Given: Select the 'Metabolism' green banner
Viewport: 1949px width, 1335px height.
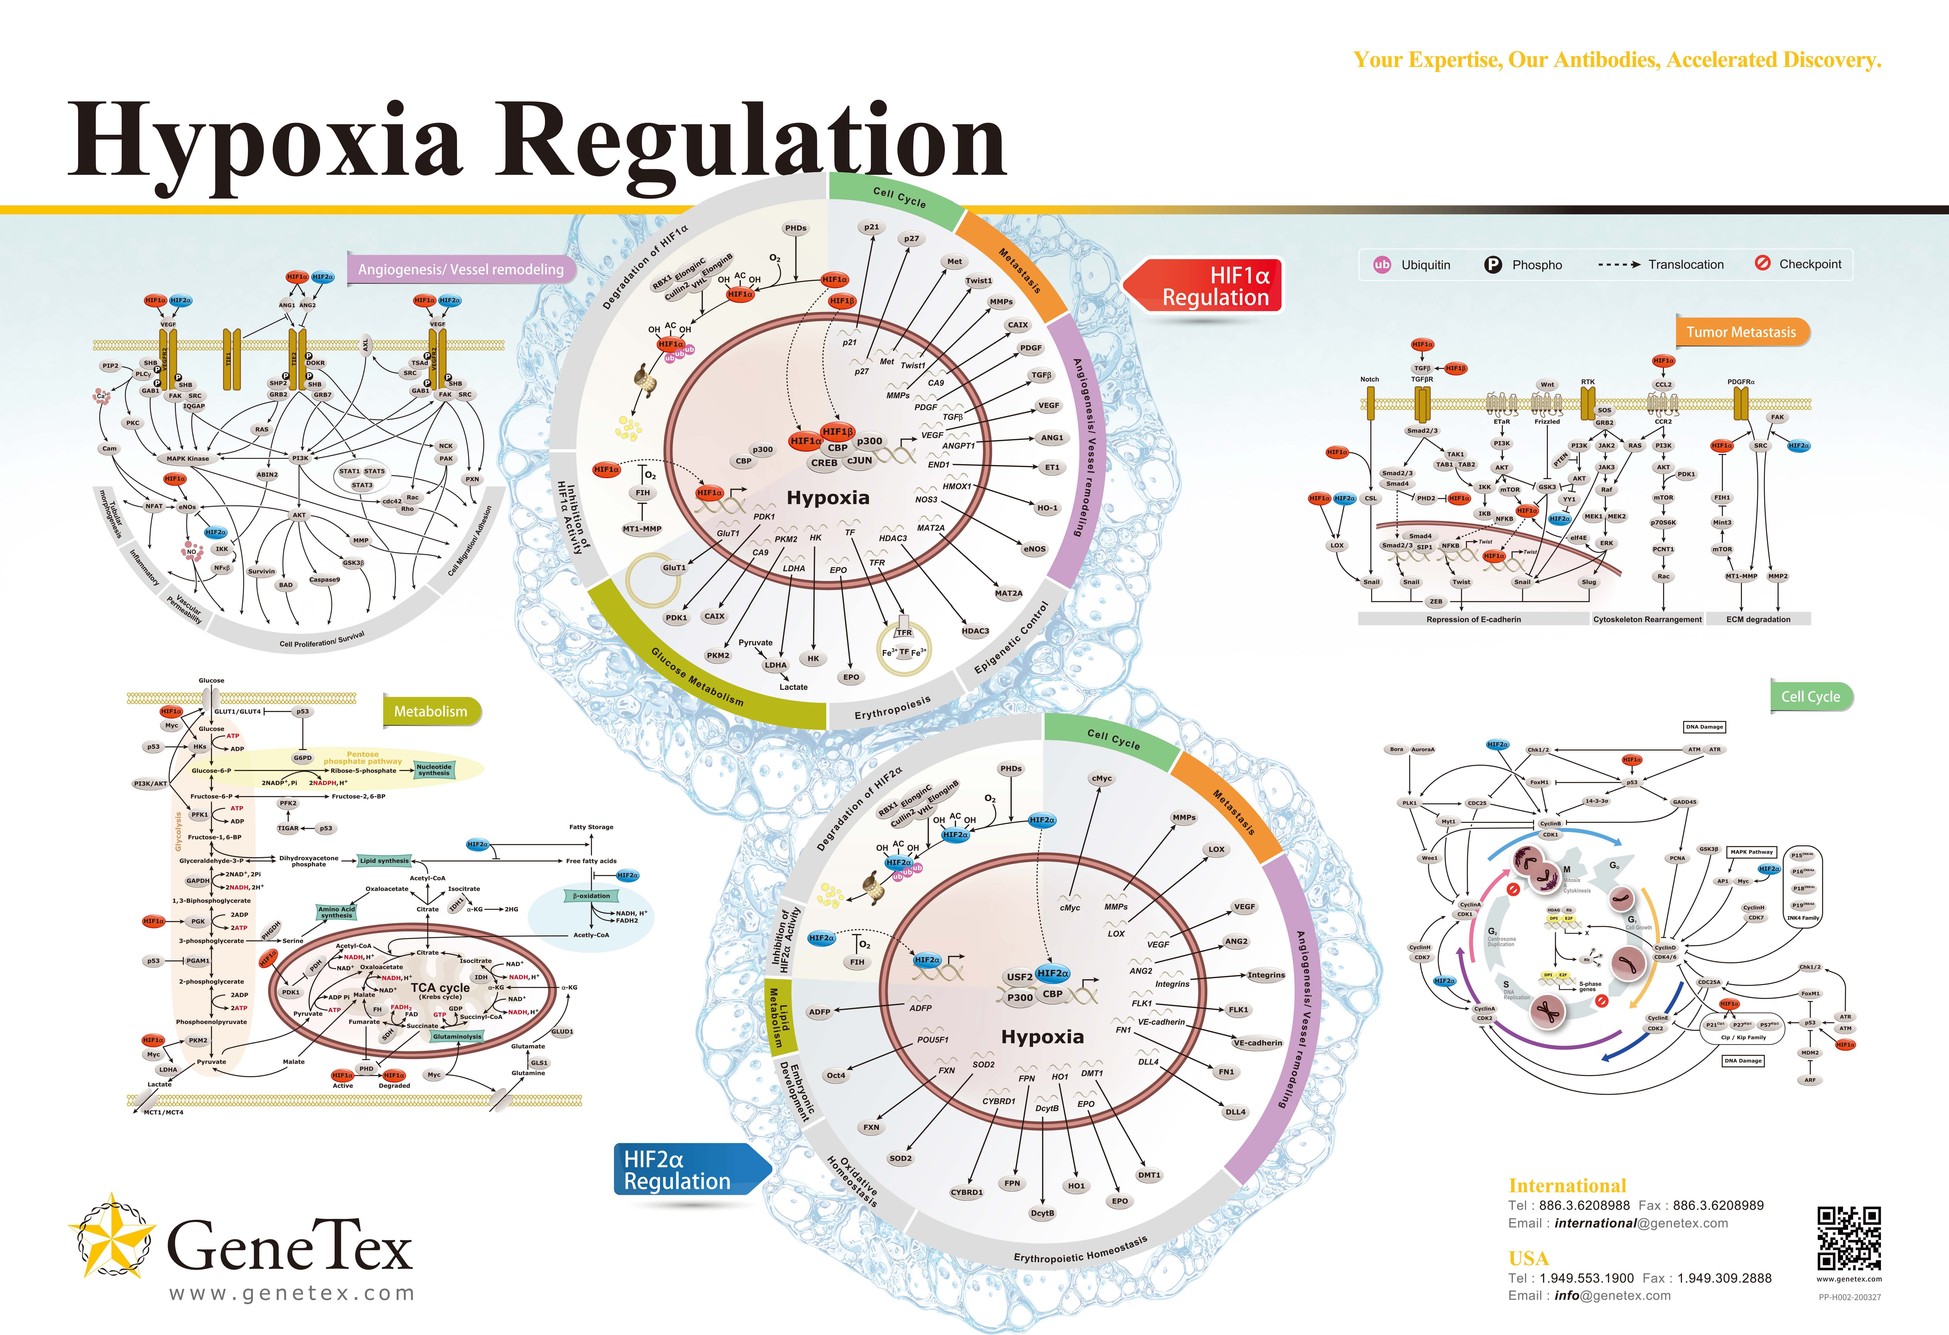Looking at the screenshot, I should [x=431, y=711].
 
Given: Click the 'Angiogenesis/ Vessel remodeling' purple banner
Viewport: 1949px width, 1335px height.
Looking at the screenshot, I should [x=460, y=269].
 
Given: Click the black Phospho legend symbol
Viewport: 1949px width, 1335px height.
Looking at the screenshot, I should [x=1493, y=264].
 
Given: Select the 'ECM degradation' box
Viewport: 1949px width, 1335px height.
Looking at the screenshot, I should [x=1758, y=619].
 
